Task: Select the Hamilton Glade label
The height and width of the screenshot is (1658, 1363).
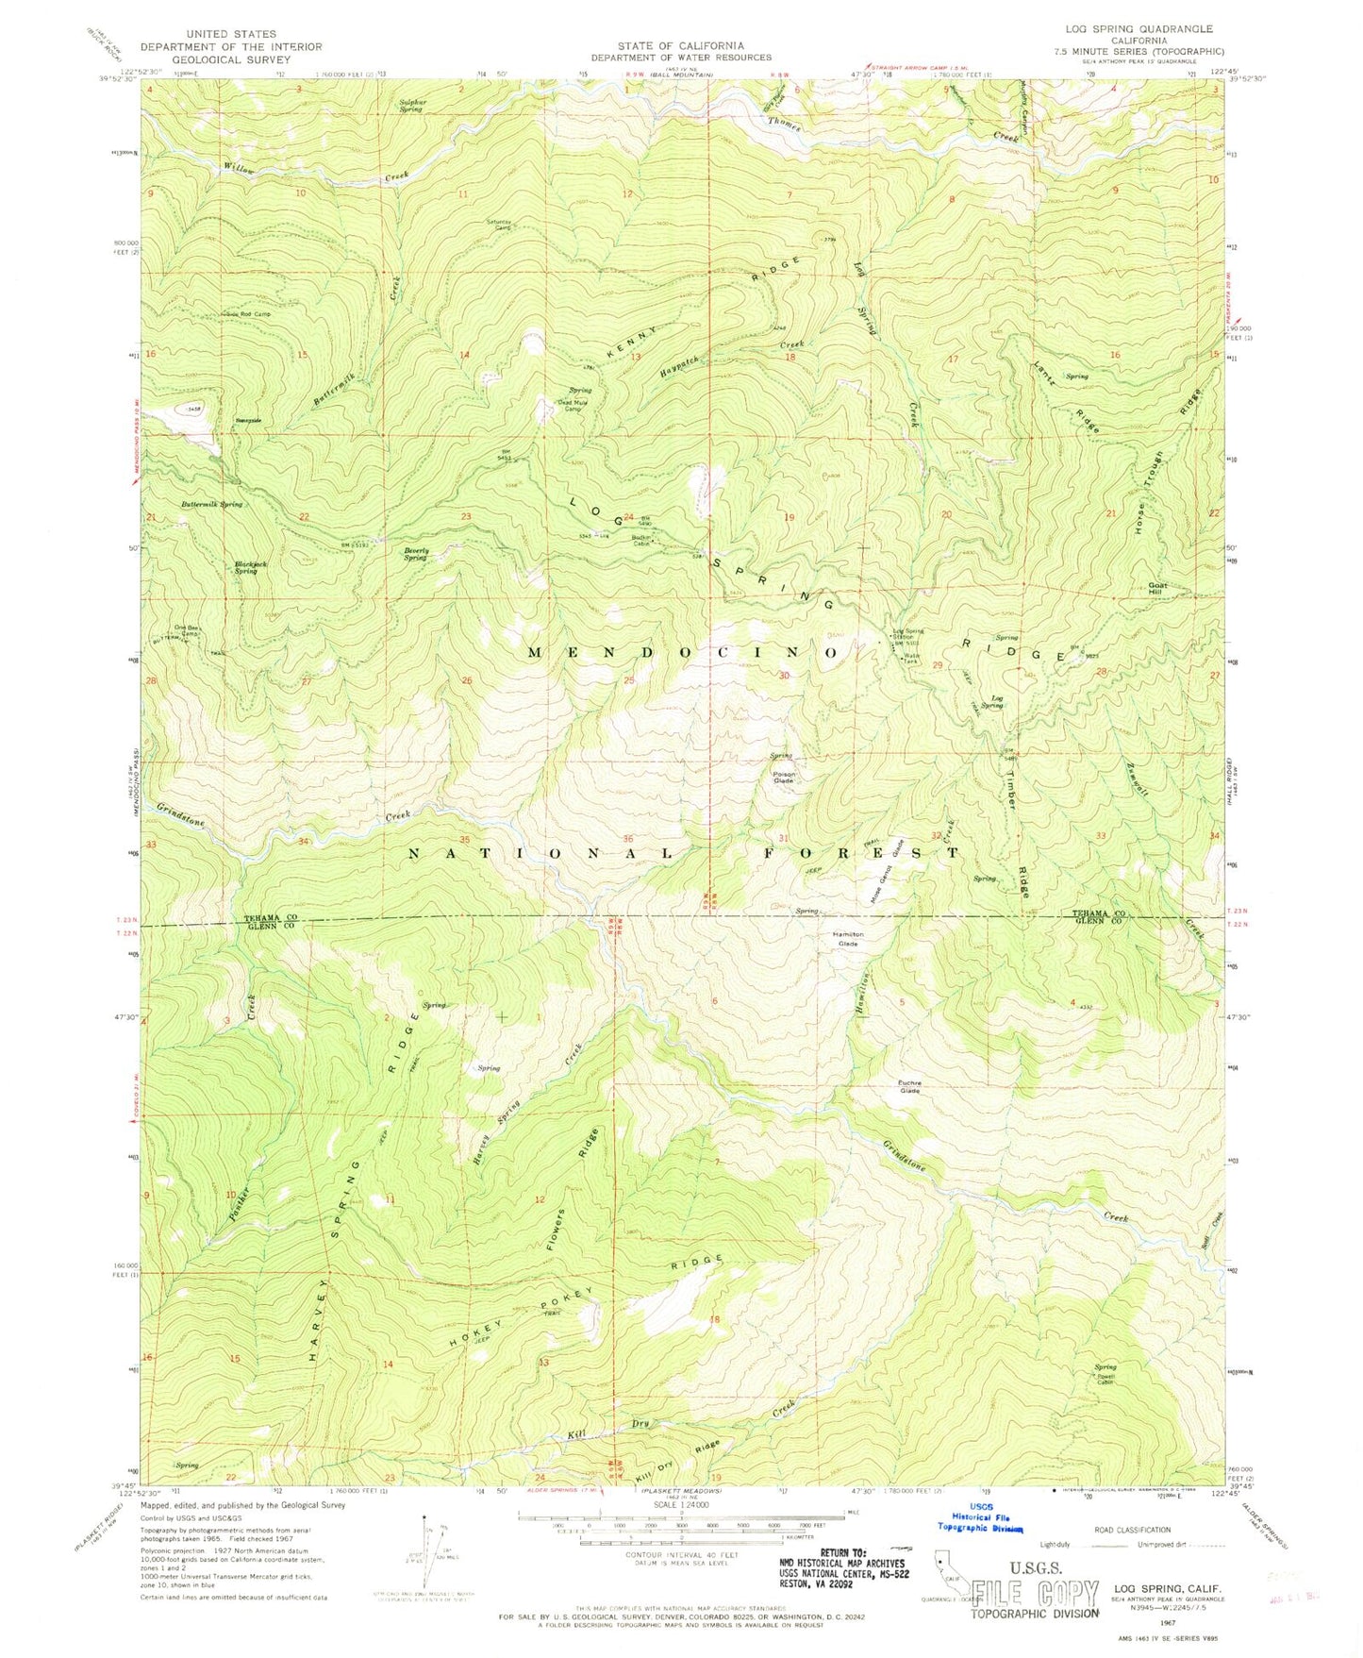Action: coord(847,939)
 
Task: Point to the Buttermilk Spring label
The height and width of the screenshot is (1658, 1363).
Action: coord(212,505)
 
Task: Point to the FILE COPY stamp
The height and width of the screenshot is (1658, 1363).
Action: coord(1037,1594)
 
